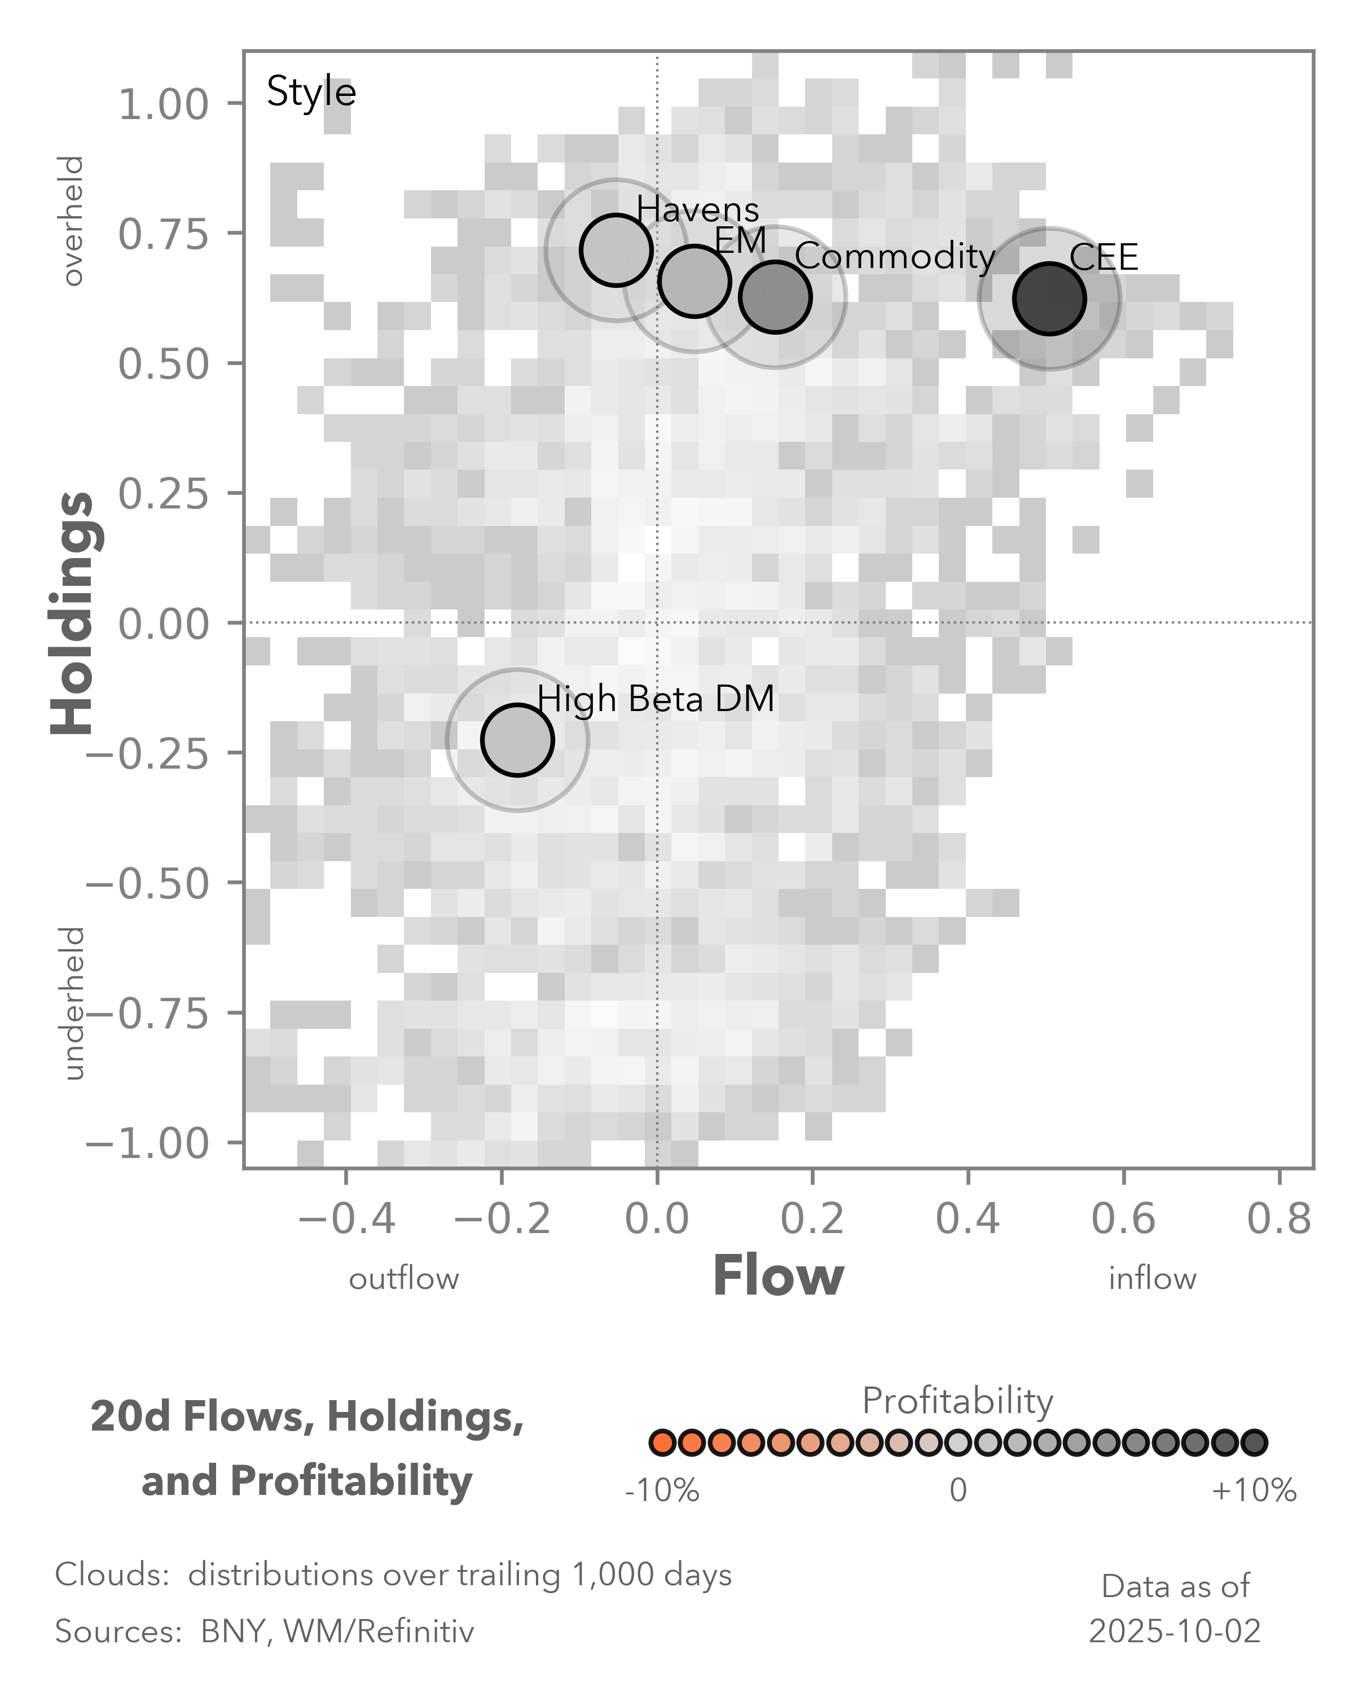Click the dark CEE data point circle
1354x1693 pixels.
coord(1049,299)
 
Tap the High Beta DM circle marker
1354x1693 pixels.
coord(517,740)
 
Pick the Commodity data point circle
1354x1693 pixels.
coord(775,297)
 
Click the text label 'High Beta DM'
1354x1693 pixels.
coord(656,698)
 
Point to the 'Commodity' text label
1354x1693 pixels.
coord(895,257)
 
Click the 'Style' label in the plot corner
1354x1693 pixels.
coord(311,92)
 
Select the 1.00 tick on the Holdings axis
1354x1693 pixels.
coord(163,104)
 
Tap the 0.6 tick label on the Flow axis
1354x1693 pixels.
coord(1123,1220)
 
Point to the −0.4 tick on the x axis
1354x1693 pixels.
coord(346,1220)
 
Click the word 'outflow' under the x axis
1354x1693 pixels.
coord(403,1279)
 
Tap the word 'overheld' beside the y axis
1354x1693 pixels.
coord(73,221)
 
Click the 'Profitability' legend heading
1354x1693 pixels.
coord(957,1401)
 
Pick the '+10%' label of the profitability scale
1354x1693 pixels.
coord(1254,1490)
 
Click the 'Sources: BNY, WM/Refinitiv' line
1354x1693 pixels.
coord(265,1631)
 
